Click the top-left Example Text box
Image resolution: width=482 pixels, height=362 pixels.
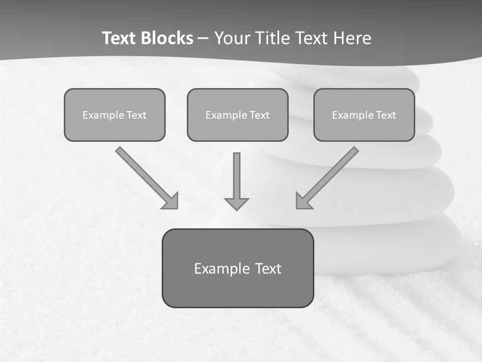click(114, 115)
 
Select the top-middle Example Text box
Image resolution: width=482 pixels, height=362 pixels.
click(237, 115)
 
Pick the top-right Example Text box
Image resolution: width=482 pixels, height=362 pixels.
click(364, 115)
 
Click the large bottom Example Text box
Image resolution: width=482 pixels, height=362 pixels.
click(237, 268)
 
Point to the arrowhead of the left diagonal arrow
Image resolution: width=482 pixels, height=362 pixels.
click(171, 201)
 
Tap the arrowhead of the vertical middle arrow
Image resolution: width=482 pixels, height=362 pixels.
click(236, 203)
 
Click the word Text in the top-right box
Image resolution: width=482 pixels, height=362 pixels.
click(386, 115)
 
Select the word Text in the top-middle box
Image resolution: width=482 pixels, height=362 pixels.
click(259, 115)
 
